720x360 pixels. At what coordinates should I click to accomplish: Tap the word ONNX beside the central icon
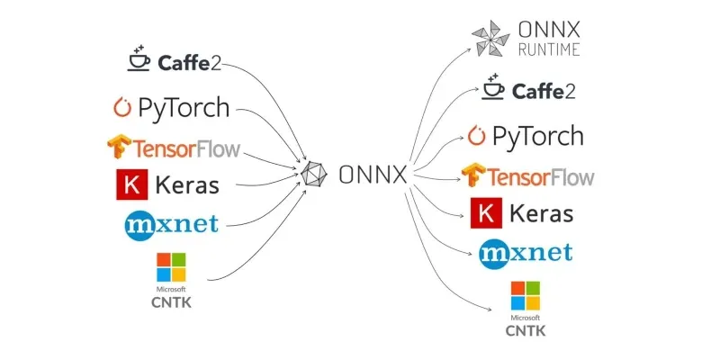point(373,175)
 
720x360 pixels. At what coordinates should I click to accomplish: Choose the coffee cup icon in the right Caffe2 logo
point(492,87)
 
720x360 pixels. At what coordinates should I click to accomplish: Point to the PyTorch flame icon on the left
point(121,108)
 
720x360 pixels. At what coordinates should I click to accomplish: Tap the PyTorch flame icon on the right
point(476,136)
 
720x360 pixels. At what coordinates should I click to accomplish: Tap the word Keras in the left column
point(187,185)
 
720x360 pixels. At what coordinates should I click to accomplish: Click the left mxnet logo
point(172,224)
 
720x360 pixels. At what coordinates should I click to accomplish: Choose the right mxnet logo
point(526,252)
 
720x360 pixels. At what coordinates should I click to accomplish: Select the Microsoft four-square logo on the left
point(171,267)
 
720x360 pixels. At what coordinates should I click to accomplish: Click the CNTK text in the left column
point(171,302)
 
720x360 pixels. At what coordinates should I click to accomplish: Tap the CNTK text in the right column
point(525,330)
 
